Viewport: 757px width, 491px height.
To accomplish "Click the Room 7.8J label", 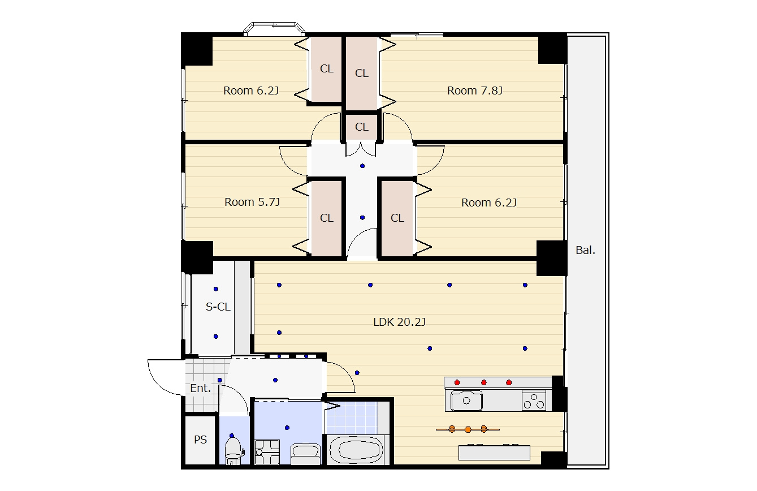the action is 475,91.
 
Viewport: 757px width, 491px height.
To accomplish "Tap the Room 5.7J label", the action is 252,202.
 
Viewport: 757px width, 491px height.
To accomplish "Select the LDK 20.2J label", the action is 399,322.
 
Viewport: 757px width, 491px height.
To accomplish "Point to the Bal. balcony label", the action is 585,250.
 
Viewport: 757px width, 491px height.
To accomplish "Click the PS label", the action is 200,440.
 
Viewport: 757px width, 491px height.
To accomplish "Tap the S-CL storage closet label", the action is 218,307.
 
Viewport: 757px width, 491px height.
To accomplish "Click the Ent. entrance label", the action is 201,388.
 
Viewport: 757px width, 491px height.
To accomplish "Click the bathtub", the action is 356,451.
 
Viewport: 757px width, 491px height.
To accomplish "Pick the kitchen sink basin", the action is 466,400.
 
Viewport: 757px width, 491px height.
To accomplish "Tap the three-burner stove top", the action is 534,400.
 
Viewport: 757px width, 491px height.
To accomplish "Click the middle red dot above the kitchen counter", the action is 483,382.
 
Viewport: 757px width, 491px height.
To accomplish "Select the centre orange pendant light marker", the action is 468,429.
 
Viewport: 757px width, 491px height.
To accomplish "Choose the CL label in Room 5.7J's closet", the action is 326,218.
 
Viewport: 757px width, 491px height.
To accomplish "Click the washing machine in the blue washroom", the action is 267,452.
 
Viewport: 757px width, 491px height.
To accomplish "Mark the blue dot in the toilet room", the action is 232,436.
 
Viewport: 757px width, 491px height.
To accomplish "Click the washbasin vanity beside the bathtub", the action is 305,454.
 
